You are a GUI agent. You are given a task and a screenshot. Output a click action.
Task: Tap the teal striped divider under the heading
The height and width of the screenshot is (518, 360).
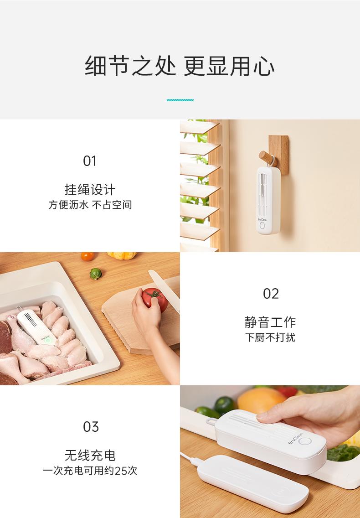(180, 100)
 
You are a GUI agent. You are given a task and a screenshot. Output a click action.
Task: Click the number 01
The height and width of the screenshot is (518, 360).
(90, 161)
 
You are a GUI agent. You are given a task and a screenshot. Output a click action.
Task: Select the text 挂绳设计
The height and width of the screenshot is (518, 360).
(90, 190)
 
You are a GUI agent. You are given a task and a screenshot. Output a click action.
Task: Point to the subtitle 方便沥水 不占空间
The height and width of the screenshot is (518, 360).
(90, 205)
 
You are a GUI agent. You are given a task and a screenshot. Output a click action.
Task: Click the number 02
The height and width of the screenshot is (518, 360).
(271, 294)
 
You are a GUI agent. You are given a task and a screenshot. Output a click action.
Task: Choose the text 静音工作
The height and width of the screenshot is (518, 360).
(270, 322)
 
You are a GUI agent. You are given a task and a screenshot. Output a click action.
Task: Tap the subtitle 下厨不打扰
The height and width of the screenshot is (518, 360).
(270, 337)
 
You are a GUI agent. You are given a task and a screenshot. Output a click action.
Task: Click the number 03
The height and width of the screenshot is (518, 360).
(91, 427)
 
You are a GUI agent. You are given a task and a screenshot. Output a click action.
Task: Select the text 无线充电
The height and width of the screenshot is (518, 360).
(90, 455)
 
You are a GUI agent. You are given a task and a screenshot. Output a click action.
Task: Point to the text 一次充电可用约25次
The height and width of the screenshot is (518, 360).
(90, 471)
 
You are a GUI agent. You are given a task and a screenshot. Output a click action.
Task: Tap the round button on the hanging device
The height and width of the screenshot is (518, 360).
(262, 225)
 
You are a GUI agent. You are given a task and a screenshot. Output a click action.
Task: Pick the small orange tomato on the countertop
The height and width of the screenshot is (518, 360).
(87, 256)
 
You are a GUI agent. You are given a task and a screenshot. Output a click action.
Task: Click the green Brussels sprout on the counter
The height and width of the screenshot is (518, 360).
(95, 274)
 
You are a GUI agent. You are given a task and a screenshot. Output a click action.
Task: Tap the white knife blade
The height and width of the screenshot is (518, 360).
(164, 289)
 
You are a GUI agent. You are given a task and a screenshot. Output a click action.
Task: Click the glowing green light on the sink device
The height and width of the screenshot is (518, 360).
(48, 340)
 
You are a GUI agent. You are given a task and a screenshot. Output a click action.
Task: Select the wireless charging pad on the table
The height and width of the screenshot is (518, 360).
(253, 482)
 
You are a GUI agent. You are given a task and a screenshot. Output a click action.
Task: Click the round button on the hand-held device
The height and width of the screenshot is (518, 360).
(305, 441)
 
